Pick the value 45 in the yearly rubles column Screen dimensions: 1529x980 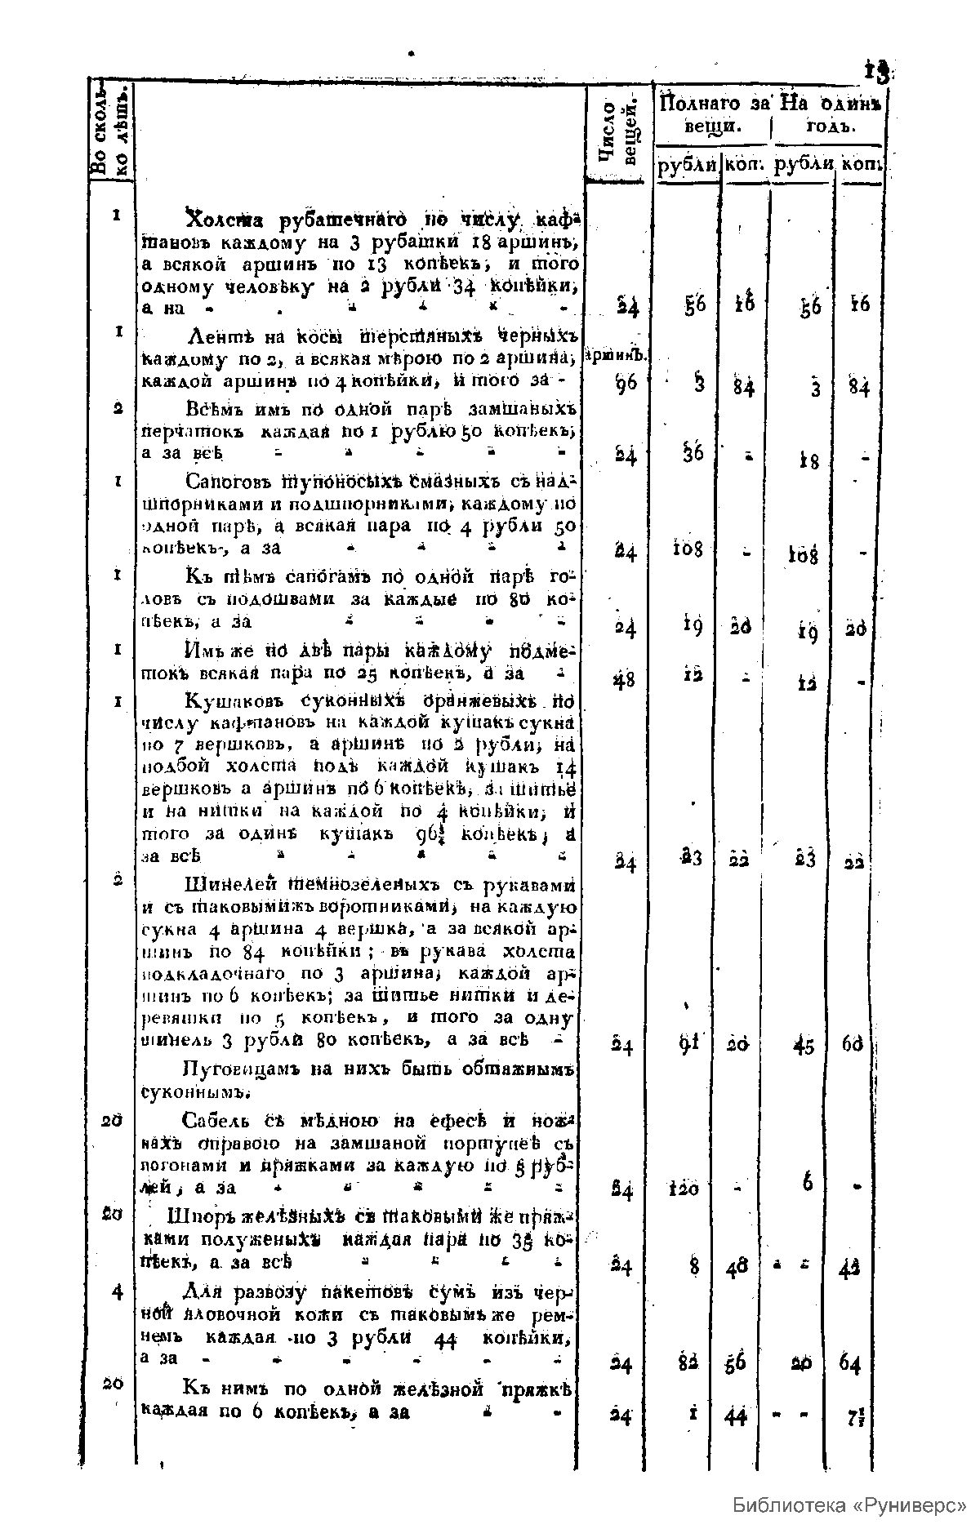click(x=804, y=1046)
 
